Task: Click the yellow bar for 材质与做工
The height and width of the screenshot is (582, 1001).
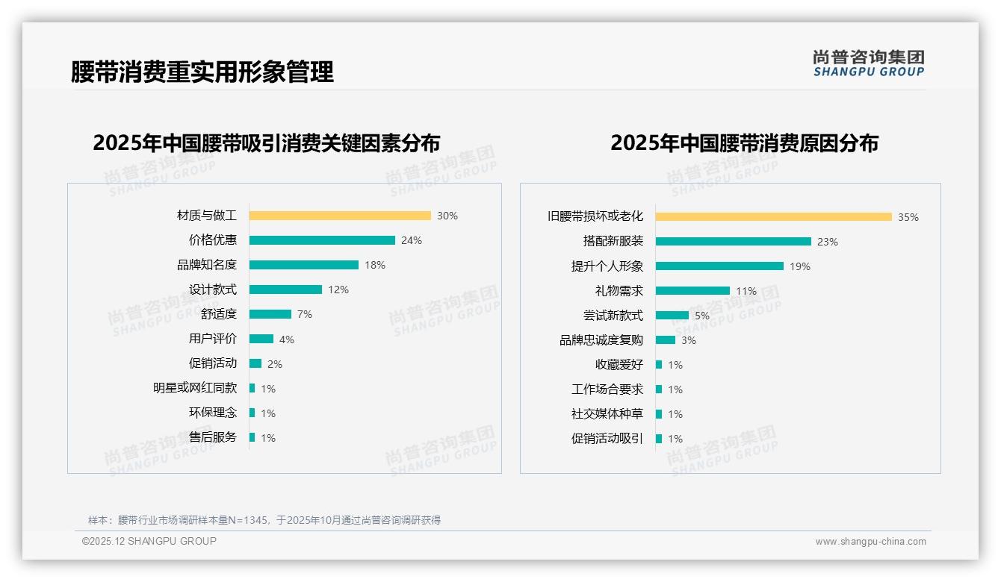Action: [x=340, y=216]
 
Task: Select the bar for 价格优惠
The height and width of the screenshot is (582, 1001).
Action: [x=322, y=240]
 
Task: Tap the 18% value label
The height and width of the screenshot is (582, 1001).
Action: [x=375, y=265]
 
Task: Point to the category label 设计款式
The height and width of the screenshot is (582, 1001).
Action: [x=213, y=290]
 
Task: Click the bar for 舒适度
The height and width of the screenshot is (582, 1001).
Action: [x=270, y=314]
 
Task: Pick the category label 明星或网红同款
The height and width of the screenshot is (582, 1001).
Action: [x=195, y=388]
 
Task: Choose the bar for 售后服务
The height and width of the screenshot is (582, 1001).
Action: [x=252, y=437]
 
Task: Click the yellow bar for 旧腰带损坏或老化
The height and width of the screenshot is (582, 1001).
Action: [x=774, y=217]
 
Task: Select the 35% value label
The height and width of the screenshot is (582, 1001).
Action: [x=908, y=217]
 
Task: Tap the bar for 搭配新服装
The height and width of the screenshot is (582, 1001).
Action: [x=734, y=242]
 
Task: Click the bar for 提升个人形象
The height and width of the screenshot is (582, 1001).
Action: [x=719, y=266]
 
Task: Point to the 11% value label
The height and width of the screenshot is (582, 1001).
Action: [x=746, y=291]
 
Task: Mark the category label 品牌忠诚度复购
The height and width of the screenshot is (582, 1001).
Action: [x=601, y=340]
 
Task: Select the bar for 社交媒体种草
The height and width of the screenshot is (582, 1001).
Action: [x=659, y=414]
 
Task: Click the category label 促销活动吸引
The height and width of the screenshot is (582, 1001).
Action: [x=607, y=439]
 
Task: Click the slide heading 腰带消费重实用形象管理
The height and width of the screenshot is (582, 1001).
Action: [x=202, y=72]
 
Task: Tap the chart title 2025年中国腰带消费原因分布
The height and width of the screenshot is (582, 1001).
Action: [x=744, y=143]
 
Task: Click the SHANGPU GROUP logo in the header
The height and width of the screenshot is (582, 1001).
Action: [x=869, y=63]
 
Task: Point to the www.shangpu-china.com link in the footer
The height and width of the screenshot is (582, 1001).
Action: [x=870, y=542]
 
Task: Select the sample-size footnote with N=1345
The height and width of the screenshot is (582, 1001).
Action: [x=264, y=520]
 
